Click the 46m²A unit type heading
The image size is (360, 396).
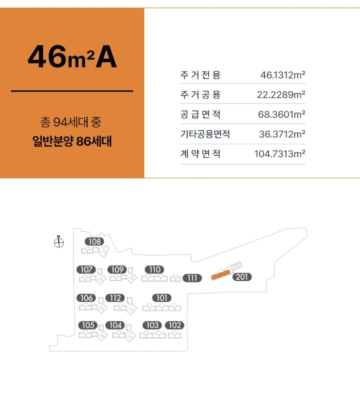coord(72,57)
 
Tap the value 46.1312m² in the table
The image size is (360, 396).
coord(283,75)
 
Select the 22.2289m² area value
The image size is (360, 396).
coord(281,95)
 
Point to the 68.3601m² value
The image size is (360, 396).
coord(281,114)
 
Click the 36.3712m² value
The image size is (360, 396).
coord(282,134)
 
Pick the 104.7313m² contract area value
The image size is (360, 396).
coord(280,154)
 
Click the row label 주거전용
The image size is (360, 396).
coord(200,75)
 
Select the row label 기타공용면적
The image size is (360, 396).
coord(205,134)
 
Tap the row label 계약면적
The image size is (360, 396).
coord(200,154)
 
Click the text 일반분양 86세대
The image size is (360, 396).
coord(72,141)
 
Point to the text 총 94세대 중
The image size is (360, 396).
coord(71,122)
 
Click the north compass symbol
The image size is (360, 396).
coord(59,242)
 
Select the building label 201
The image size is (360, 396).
coord(242,277)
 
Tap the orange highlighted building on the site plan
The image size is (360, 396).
coord(221,275)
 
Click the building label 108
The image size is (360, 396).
coord(94,241)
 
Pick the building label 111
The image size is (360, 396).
coord(192,278)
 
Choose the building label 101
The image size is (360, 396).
coord(162,298)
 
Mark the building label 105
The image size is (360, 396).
coord(88,325)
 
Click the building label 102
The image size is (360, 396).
coord(175,325)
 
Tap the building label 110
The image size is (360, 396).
coord(155,270)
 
